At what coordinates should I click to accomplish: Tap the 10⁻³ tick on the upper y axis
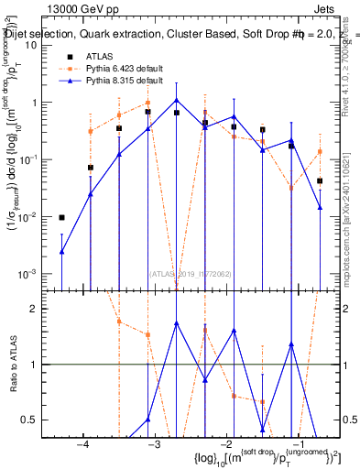coord(31,275)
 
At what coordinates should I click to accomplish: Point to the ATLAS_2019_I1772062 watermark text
coord(191,273)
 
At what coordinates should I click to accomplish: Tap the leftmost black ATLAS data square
coord(61,218)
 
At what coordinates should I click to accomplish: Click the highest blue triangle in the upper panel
coord(176,100)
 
